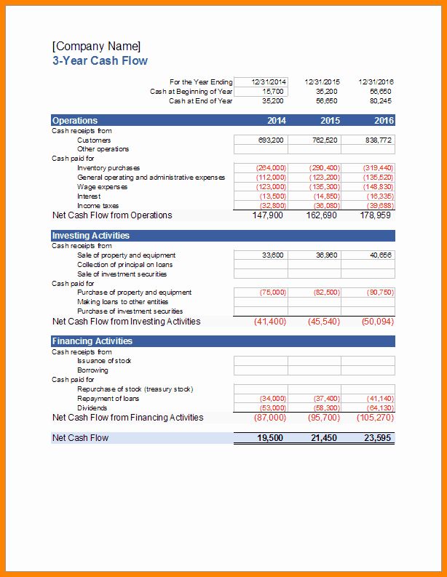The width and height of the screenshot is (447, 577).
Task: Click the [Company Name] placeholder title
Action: [x=97, y=47]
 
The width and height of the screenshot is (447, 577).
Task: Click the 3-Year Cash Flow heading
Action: [x=100, y=61]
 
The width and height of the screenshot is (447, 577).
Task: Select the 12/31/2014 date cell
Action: [x=269, y=82]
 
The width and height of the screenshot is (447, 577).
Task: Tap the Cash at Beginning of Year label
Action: [x=191, y=92]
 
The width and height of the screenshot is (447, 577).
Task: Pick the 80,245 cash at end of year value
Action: [x=380, y=101]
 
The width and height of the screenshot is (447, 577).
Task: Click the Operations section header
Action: [x=75, y=121]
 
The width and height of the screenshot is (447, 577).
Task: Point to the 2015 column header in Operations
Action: [x=330, y=121]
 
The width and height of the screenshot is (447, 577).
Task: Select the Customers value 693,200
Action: [x=271, y=140]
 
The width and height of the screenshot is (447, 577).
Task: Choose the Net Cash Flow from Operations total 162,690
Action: [x=323, y=215]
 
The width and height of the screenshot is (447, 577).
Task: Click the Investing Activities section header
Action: [x=91, y=236]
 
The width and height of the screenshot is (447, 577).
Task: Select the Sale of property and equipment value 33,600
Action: [x=272, y=255]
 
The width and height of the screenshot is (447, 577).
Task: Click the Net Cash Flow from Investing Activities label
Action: [x=126, y=322]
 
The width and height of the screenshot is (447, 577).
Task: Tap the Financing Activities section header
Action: [x=92, y=341]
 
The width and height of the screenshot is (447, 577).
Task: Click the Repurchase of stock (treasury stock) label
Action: [x=135, y=389]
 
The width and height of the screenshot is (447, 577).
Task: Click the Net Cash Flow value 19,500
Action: [x=270, y=438]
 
